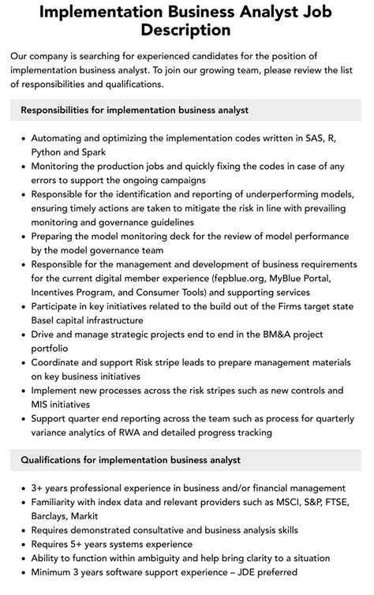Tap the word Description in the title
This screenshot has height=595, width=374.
pyautogui.click(x=187, y=31)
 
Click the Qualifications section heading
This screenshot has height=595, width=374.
pyautogui.click(x=131, y=459)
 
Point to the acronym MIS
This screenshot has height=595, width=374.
pyautogui.click(x=43, y=405)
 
